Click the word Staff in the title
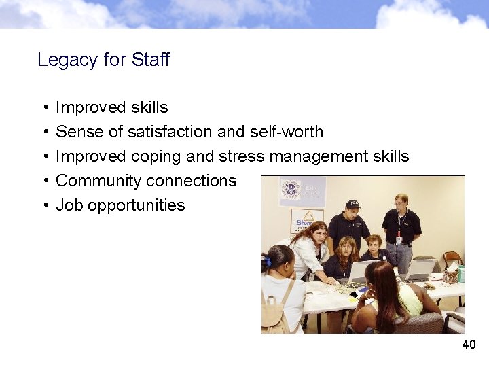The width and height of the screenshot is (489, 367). click(x=151, y=60)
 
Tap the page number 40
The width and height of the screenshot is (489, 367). click(x=469, y=345)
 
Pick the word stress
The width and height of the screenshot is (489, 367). click(x=242, y=156)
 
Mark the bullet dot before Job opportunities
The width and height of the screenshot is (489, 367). click(x=44, y=205)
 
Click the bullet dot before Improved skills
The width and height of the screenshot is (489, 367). click(x=44, y=107)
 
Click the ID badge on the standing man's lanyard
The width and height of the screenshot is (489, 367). click(x=399, y=239)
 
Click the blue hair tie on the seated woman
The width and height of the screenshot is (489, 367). click(x=267, y=261)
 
